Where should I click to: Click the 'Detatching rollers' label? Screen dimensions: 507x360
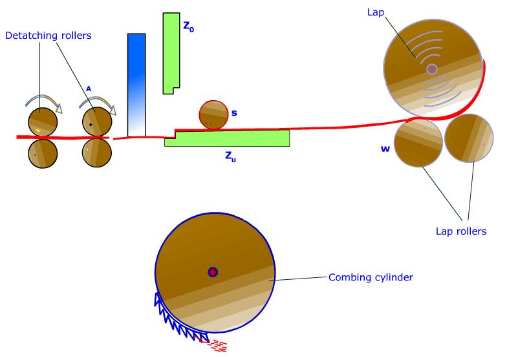tap(48, 35)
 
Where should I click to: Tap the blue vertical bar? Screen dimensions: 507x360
tap(136, 85)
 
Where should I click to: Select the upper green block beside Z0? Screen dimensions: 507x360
tap(171, 53)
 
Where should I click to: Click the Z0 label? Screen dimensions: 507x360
tap(189, 26)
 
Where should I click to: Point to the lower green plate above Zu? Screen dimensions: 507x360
tap(227, 138)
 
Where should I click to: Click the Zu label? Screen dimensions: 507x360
tap(230, 156)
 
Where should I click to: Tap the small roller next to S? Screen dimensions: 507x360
tap(213, 115)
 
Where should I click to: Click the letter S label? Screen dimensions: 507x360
tap(234, 113)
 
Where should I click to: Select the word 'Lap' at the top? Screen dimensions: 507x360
tap(376, 12)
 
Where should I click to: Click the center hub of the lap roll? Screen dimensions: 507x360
tap(432, 69)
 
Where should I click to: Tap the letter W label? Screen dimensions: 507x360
tap(385, 149)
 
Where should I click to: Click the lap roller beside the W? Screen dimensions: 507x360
tap(418, 143)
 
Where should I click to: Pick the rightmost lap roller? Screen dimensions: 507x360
tap(469, 138)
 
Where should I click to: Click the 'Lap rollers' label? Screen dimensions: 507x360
tap(461, 231)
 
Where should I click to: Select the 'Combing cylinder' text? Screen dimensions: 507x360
tap(371, 277)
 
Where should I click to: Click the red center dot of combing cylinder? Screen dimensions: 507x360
tap(212, 272)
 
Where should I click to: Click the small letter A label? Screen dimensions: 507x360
tap(89, 89)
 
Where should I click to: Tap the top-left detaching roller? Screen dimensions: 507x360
tap(43, 122)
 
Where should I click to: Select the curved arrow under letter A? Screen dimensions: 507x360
tap(98, 100)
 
